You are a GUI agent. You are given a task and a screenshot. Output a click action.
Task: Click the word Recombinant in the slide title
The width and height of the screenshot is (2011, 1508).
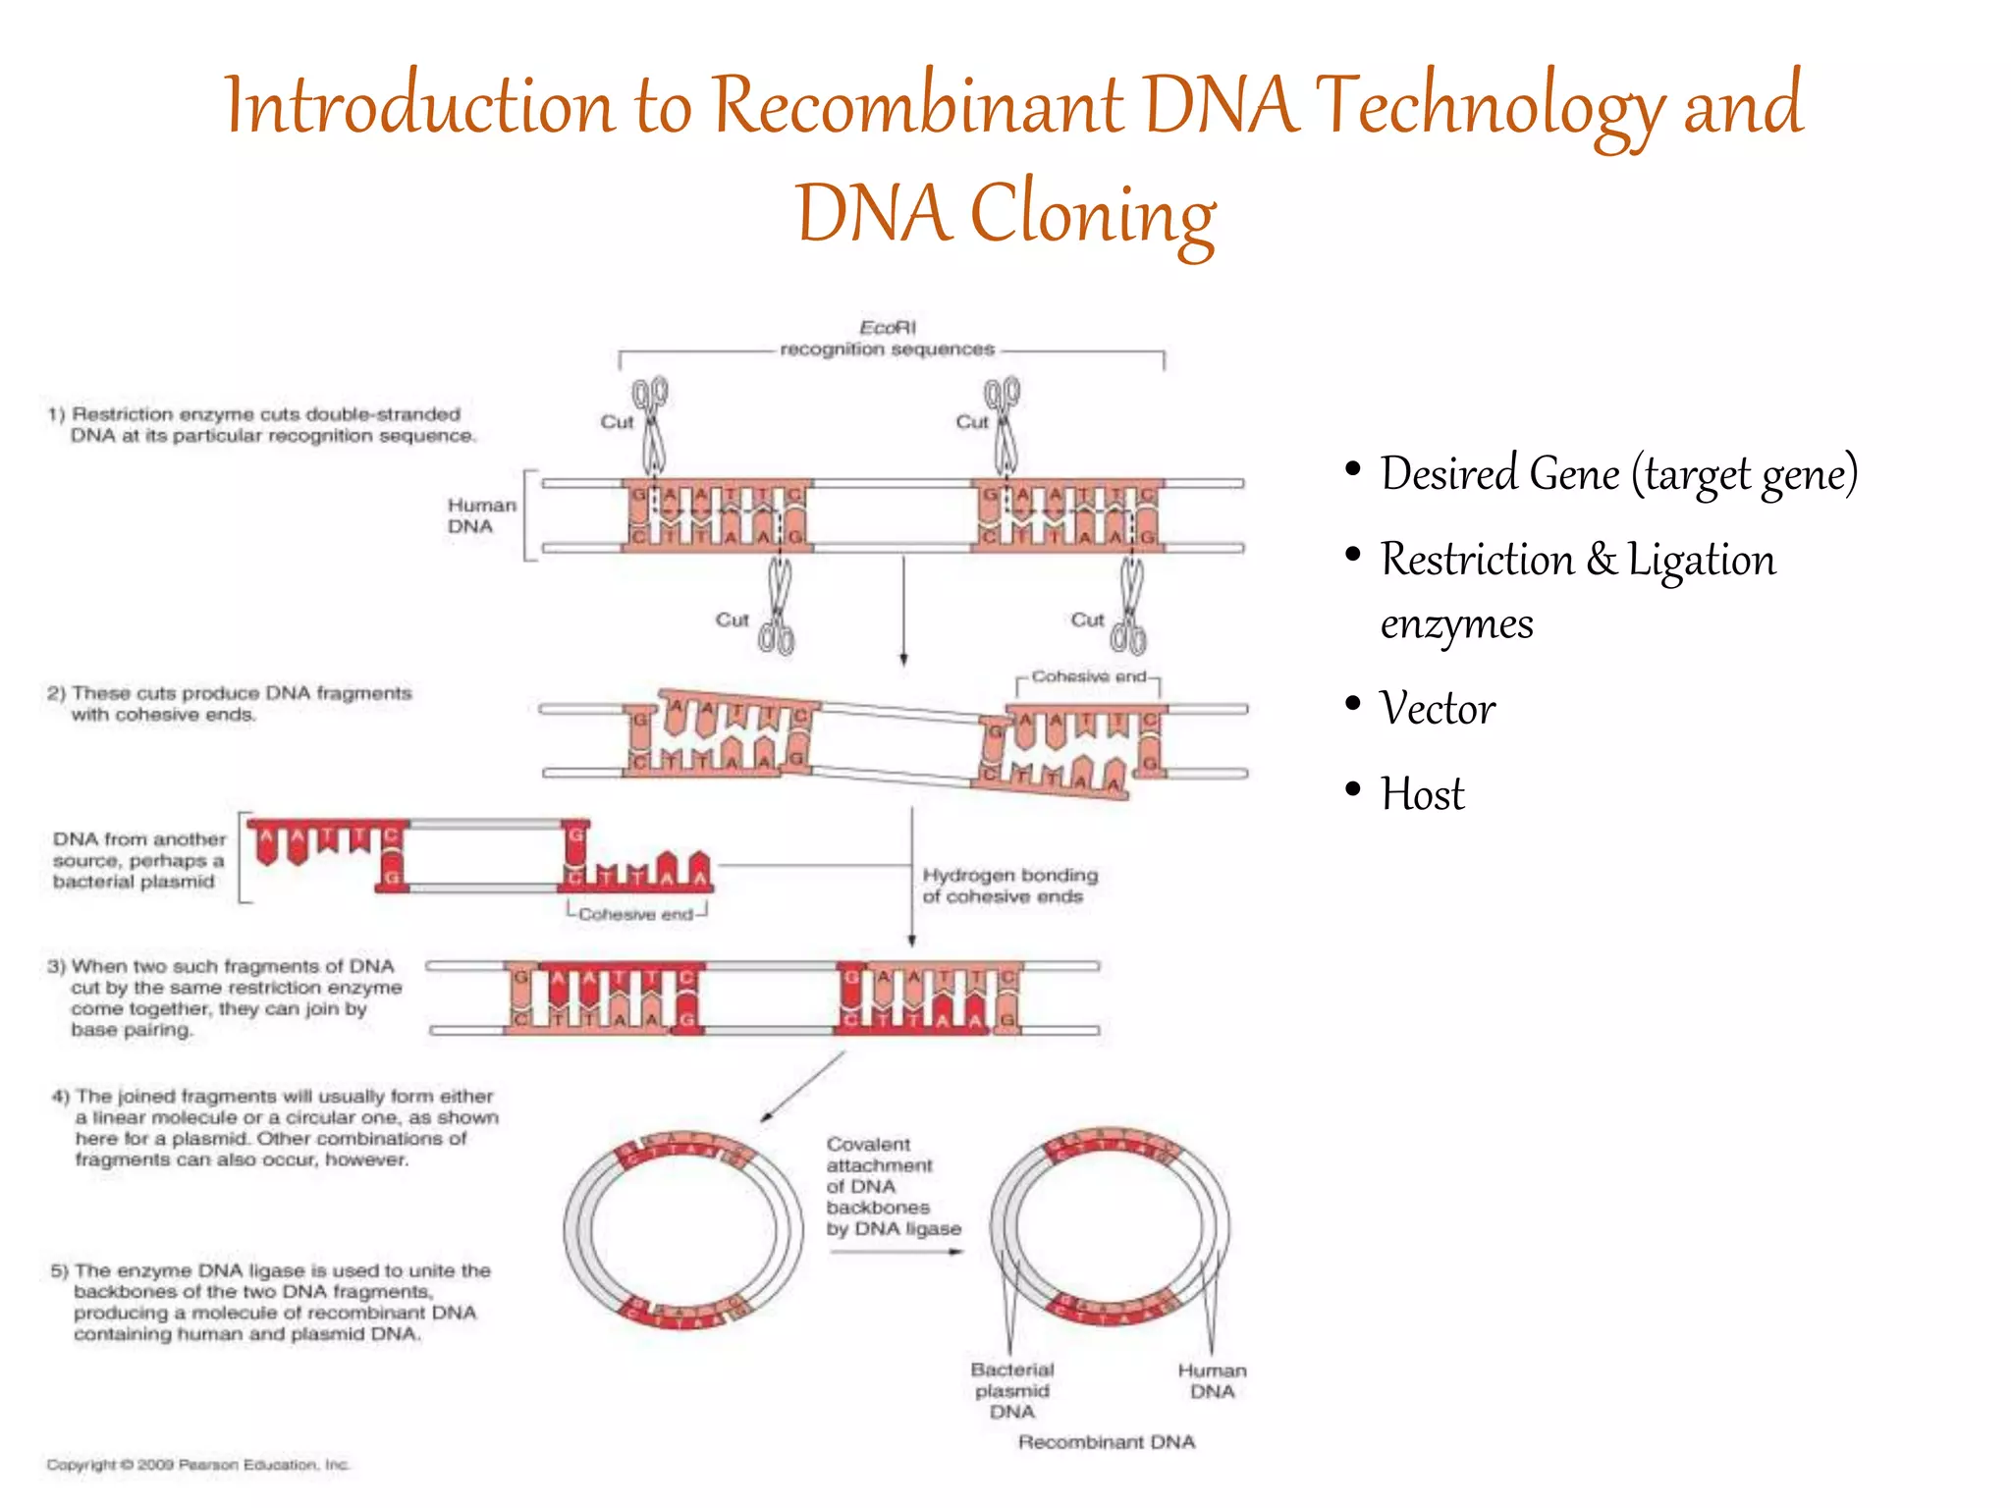point(916,106)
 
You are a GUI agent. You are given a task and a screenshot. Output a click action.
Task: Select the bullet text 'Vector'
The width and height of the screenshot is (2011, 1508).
point(1437,709)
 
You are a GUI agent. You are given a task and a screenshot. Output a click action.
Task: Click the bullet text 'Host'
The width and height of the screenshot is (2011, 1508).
point(1422,794)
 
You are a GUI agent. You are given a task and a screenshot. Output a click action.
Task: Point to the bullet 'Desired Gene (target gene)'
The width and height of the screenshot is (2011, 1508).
point(1618,474)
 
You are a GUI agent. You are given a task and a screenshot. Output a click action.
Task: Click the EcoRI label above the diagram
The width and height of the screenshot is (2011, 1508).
point(887,328)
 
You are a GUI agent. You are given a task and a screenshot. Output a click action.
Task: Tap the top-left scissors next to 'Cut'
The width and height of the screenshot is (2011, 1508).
point(652,424)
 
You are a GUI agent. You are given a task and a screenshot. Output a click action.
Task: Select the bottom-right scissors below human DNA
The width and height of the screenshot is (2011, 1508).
point(1130,608)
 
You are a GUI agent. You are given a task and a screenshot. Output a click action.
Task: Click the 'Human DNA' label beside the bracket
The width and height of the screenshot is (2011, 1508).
point(481,515)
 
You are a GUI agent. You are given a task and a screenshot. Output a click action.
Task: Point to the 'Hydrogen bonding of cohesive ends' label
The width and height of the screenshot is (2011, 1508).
point(1008,886)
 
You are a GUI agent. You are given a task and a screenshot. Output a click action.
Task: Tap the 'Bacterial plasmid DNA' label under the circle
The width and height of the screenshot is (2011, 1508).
point(1012,1390)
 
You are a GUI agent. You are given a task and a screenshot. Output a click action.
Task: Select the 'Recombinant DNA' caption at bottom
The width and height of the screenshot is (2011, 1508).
point(1106,1442)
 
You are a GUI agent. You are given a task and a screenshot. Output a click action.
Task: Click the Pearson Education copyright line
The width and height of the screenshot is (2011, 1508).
point(197,1465)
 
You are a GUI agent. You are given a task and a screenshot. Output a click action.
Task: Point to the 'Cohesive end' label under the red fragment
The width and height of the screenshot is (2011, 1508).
point(635,915)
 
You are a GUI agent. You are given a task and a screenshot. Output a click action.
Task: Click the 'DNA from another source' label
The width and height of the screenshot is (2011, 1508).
point(138,860)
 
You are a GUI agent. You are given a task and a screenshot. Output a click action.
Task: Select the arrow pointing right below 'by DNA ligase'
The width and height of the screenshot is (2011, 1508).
point(896,1252)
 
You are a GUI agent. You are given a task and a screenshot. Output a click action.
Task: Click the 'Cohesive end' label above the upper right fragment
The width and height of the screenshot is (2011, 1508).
point(1088,676)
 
